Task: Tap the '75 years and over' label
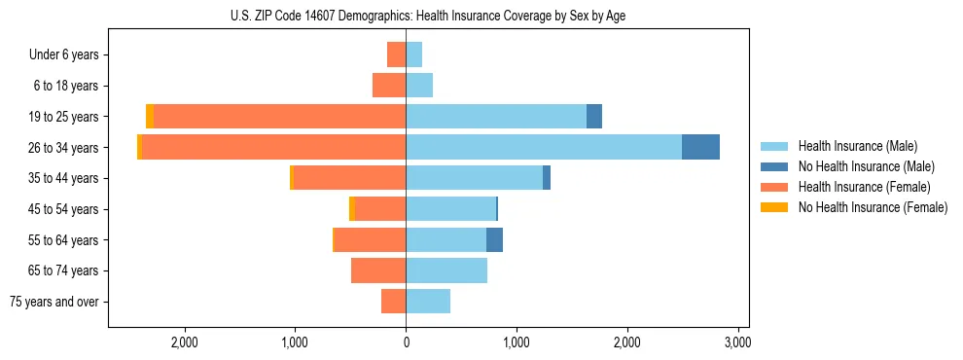[54, 302]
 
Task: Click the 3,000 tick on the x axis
[738, 342]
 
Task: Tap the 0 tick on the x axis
[406, 342]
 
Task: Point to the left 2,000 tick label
[184, 342]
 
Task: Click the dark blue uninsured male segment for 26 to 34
[700, 147]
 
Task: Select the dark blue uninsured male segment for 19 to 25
[594, 116]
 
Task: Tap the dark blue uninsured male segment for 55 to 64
[494, 239]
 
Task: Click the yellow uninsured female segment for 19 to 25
[150, 116]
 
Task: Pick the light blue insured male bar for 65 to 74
[446, 270]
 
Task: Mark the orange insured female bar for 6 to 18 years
[389, 86]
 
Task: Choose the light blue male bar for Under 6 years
[413, 54]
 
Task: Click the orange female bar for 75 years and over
[393, 302]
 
